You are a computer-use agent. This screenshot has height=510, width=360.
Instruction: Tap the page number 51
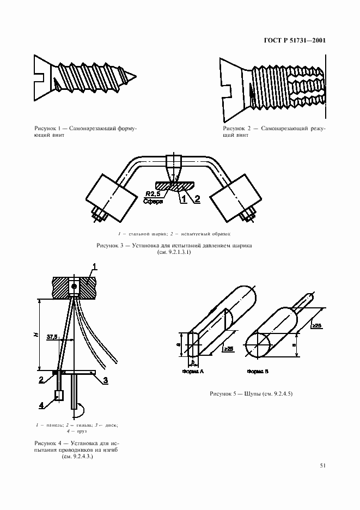tap(322, 465)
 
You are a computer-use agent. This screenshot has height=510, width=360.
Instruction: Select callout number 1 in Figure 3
tap(184, 199)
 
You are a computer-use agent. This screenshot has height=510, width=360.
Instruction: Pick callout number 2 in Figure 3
tap(197, 199)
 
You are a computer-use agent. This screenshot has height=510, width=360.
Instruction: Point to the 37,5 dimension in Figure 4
tap(53, 337)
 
